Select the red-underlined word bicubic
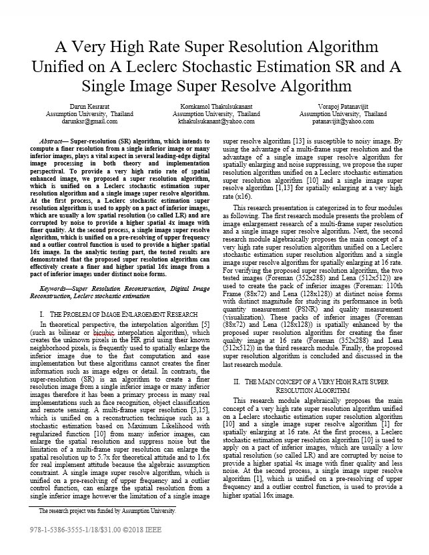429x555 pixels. (x=109, y=332)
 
